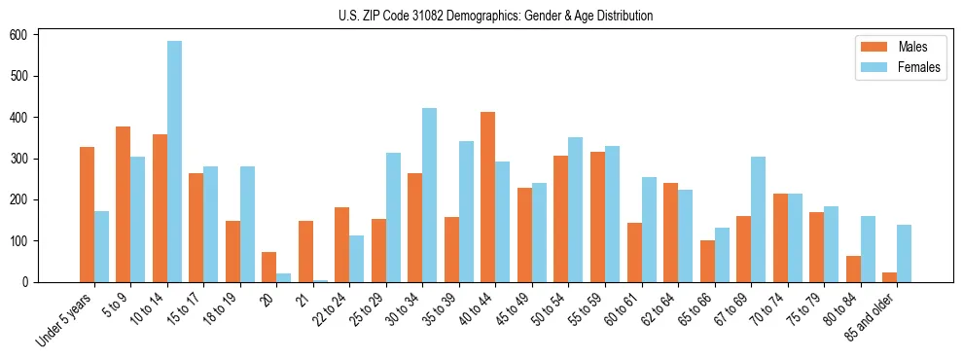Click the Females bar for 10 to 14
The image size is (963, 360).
(x=174, y=162)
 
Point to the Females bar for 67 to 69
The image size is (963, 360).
(x=759, y=219)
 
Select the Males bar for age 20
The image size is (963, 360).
(x=269, y=268)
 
